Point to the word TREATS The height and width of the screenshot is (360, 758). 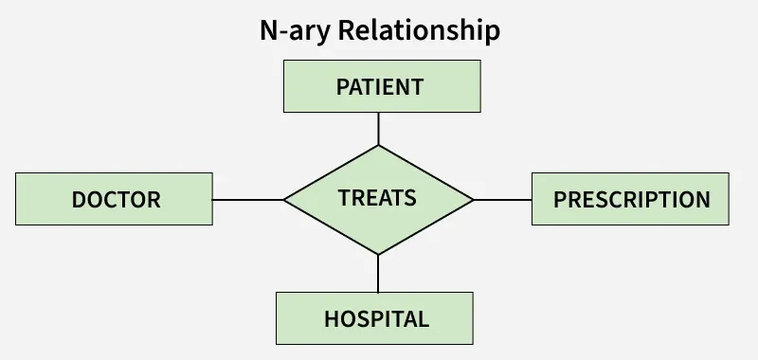click(377, 198)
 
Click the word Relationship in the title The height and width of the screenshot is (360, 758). click(419, 30)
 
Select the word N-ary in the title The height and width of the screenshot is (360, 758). click(295, 30)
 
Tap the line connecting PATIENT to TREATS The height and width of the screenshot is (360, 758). click(379, 129)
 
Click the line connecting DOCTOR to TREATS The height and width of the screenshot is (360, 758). click(248, 200)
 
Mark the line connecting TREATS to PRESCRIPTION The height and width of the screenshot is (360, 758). click(502, 200)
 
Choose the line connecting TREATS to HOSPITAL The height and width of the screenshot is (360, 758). click(378, 273)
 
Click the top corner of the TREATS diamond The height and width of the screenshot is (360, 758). click(379, 146)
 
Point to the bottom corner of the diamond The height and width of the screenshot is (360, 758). click(378, 254)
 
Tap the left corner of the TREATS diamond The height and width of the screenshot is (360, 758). click(285, 200)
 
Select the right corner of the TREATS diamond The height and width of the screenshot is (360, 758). click(472, 200)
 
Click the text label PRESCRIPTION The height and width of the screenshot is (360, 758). click(631, 200)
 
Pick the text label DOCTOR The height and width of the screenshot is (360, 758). click(116, 200)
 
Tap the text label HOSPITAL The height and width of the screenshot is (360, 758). click(376, 318)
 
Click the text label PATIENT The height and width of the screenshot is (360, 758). click(379, 87)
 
